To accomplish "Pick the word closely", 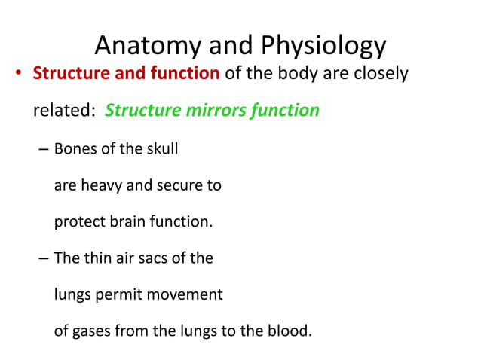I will coord(381,75).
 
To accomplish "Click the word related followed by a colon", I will coord(66,111).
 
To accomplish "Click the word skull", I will coord(160,148).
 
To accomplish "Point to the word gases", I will coord(90,331).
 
